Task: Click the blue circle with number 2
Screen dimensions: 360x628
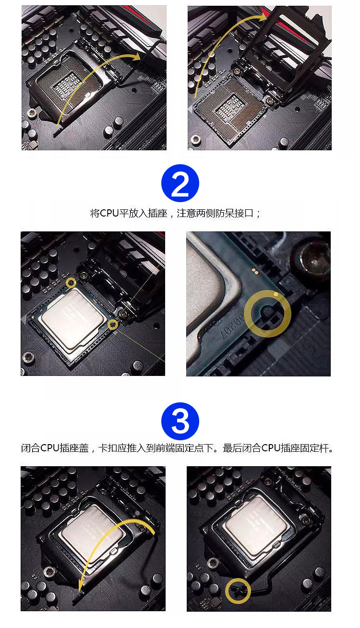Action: pos(180,183)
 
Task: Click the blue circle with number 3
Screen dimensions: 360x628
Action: pos(180,421)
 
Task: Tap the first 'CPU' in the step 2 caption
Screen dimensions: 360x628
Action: pos(109,213)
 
